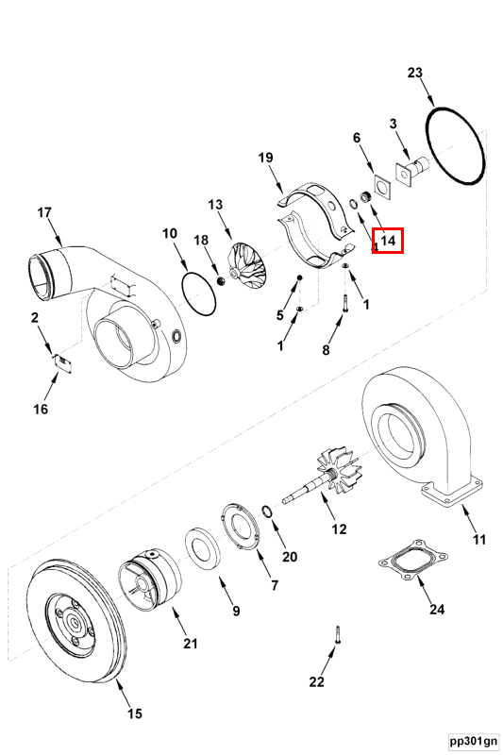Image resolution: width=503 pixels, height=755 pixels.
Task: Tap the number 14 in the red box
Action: click(x=387, y=242)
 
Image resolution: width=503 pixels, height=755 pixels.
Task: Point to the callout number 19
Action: click(x=265, y=158)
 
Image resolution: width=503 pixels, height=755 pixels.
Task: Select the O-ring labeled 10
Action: click(x=199, y=294)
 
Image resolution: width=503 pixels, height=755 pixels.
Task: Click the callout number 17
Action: click(x=43, y=212)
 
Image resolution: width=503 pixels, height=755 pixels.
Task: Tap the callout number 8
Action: click(x=326, y=350)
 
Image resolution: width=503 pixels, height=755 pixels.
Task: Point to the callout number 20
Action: click(x=289, y=557)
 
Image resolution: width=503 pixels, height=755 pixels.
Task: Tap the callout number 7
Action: click(x=275, y=585)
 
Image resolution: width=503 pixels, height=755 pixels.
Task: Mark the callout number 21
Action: click(x=191, y=645)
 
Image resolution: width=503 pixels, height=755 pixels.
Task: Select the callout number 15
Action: click(x=134, y=714)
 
